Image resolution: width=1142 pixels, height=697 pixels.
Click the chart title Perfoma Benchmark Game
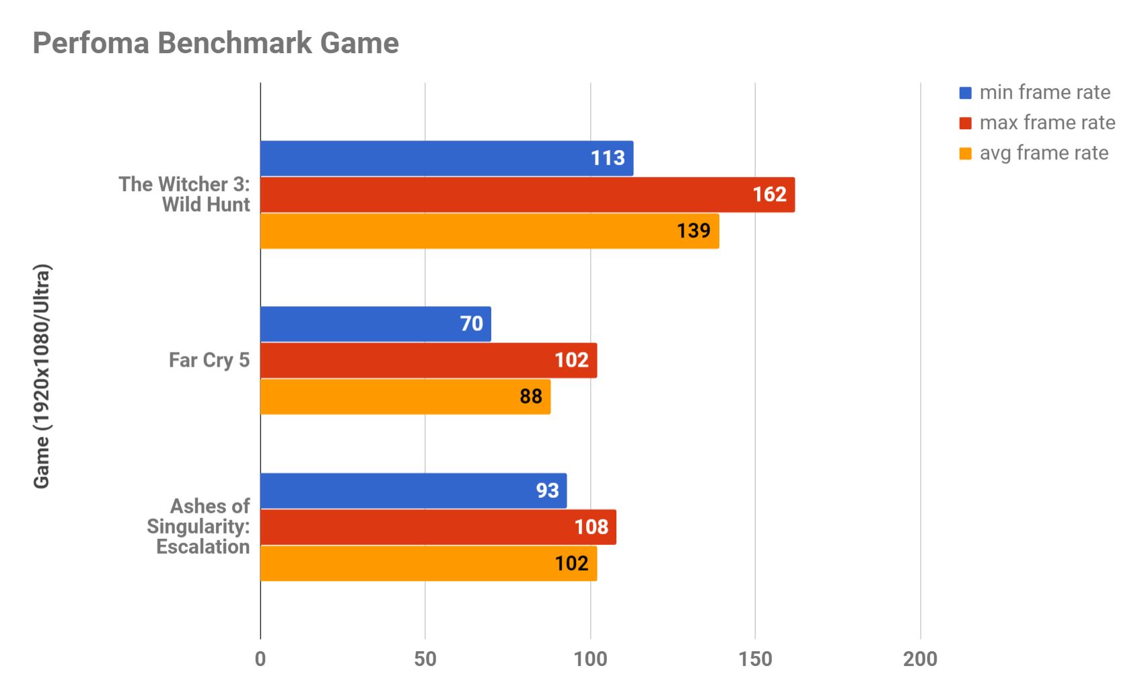point(215,43)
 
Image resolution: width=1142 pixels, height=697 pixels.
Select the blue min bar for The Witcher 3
point(446,158)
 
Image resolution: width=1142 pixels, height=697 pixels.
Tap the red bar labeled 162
point(527,194)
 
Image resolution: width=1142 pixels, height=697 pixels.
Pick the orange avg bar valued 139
point(489,231)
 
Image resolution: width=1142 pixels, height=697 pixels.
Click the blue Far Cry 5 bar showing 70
point(375,324)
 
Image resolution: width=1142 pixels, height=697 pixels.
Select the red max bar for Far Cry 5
point(428,360)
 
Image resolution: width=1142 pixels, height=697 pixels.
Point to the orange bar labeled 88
point(404,396)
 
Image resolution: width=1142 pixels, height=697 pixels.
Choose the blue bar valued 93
point(413,490)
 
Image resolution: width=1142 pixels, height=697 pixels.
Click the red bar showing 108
point(437,527)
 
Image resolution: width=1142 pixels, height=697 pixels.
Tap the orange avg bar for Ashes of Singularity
point(428,563)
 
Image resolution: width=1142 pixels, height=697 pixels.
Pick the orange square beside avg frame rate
point(965,153)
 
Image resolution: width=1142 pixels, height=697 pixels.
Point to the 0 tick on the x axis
point(260,659)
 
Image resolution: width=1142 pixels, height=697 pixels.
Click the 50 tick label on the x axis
point(425,659)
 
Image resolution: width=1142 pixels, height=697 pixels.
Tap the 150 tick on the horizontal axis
point(755,659)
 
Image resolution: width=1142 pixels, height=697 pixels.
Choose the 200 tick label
point(920,659)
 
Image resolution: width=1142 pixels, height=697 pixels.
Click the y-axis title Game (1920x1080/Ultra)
point(42,376)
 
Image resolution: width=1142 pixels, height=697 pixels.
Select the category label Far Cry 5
point(209,360)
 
